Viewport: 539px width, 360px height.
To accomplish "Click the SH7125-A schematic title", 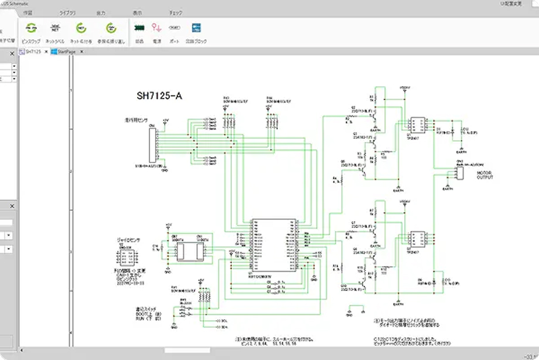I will click(x=159, y=96).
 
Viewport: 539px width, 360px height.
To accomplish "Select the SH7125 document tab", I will click(x=33, y=52).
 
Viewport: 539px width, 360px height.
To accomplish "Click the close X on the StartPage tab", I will click(x=81, y=52).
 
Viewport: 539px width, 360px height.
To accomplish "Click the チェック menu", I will click(x=175, y=12).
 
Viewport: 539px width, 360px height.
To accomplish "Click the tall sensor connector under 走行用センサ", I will click(x=153, y=144).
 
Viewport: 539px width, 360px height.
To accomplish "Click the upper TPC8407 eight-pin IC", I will click(x=418, y=125).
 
